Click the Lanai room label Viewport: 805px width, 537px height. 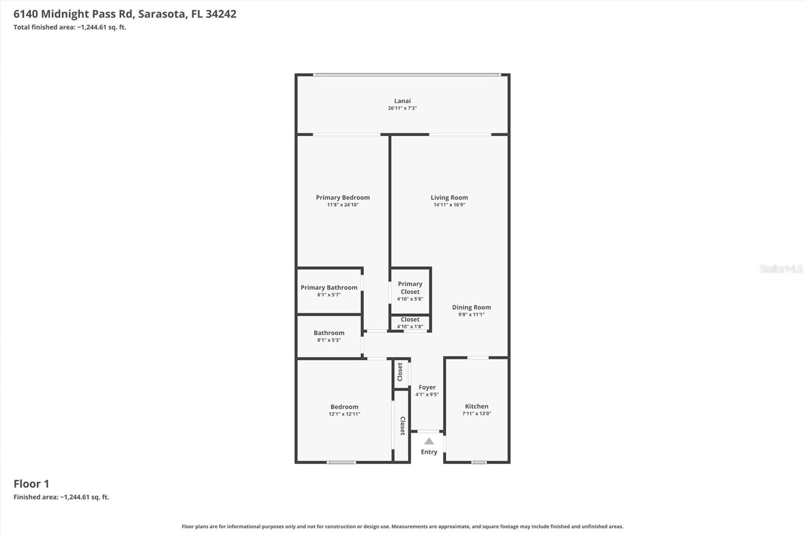tap(402, 101)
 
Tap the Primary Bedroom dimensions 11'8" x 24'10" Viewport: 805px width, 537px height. tap(343, 205)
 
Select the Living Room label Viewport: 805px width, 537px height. tap(449, 197)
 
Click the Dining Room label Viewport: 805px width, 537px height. tap(471, 307)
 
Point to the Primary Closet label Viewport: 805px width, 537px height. tap(410, 288)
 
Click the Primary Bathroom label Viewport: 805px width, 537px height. tap(329, 288)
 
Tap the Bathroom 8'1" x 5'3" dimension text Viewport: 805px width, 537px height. tap(329, 340)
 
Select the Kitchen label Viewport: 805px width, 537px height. tap(476, 406)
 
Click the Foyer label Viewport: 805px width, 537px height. tap(427, 387)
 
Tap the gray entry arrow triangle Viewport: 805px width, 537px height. tap(429, 441)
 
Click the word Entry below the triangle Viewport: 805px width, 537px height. tap(429, 452)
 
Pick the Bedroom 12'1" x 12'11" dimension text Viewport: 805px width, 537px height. tap(344, 414)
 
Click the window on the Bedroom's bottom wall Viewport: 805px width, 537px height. tap(341, 462)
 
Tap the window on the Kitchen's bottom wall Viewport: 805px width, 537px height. tap(479, 462)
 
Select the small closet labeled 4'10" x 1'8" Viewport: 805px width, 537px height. tap(410, 323)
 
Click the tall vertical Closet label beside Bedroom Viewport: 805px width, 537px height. tap(402, 426)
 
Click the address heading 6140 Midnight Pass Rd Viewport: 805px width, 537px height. tap(125, 14)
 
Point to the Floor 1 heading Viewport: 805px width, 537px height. tap(31, 484)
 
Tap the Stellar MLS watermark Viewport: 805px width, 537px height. tap(781, 268)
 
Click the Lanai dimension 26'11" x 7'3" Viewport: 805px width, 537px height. tap(402, 108)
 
